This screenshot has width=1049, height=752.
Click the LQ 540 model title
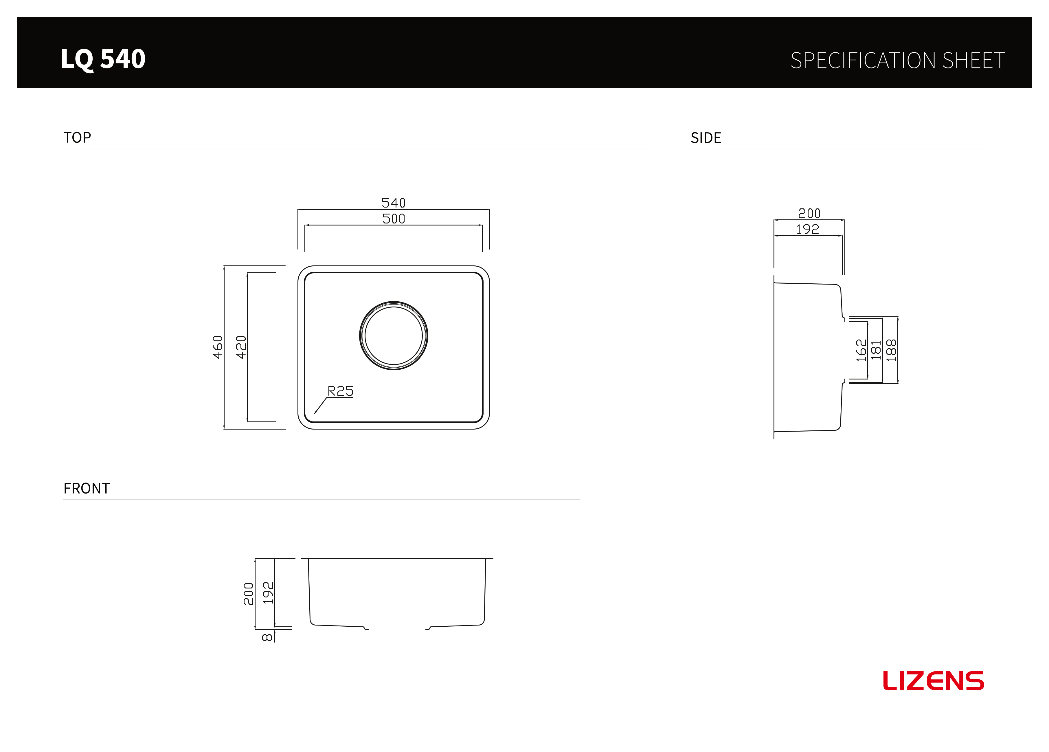[x=103, y=59]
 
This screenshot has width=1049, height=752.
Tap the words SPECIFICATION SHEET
[x=898, y=60]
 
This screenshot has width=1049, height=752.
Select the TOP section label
[x=77, y=137]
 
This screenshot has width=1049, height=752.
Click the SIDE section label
[x=706, y=138]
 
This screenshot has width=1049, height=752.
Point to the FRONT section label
[x=87, y=488]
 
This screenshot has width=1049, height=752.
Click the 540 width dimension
[x=394, y=203]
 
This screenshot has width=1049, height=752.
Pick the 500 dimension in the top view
[x=394, y=219]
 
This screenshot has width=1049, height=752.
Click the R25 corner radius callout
[x=340, y=391]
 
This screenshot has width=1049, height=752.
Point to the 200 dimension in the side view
[x=809, y=213]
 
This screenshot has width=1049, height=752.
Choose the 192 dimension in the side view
[x=808, y=229]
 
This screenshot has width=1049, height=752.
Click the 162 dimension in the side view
[x=861, y=350]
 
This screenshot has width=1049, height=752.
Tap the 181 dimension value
[x=876, y=350]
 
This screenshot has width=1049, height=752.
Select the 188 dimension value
[x=891, y=350]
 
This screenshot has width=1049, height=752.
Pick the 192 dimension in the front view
[x=268, y=593]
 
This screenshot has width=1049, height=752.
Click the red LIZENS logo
[x=934, y=681]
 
